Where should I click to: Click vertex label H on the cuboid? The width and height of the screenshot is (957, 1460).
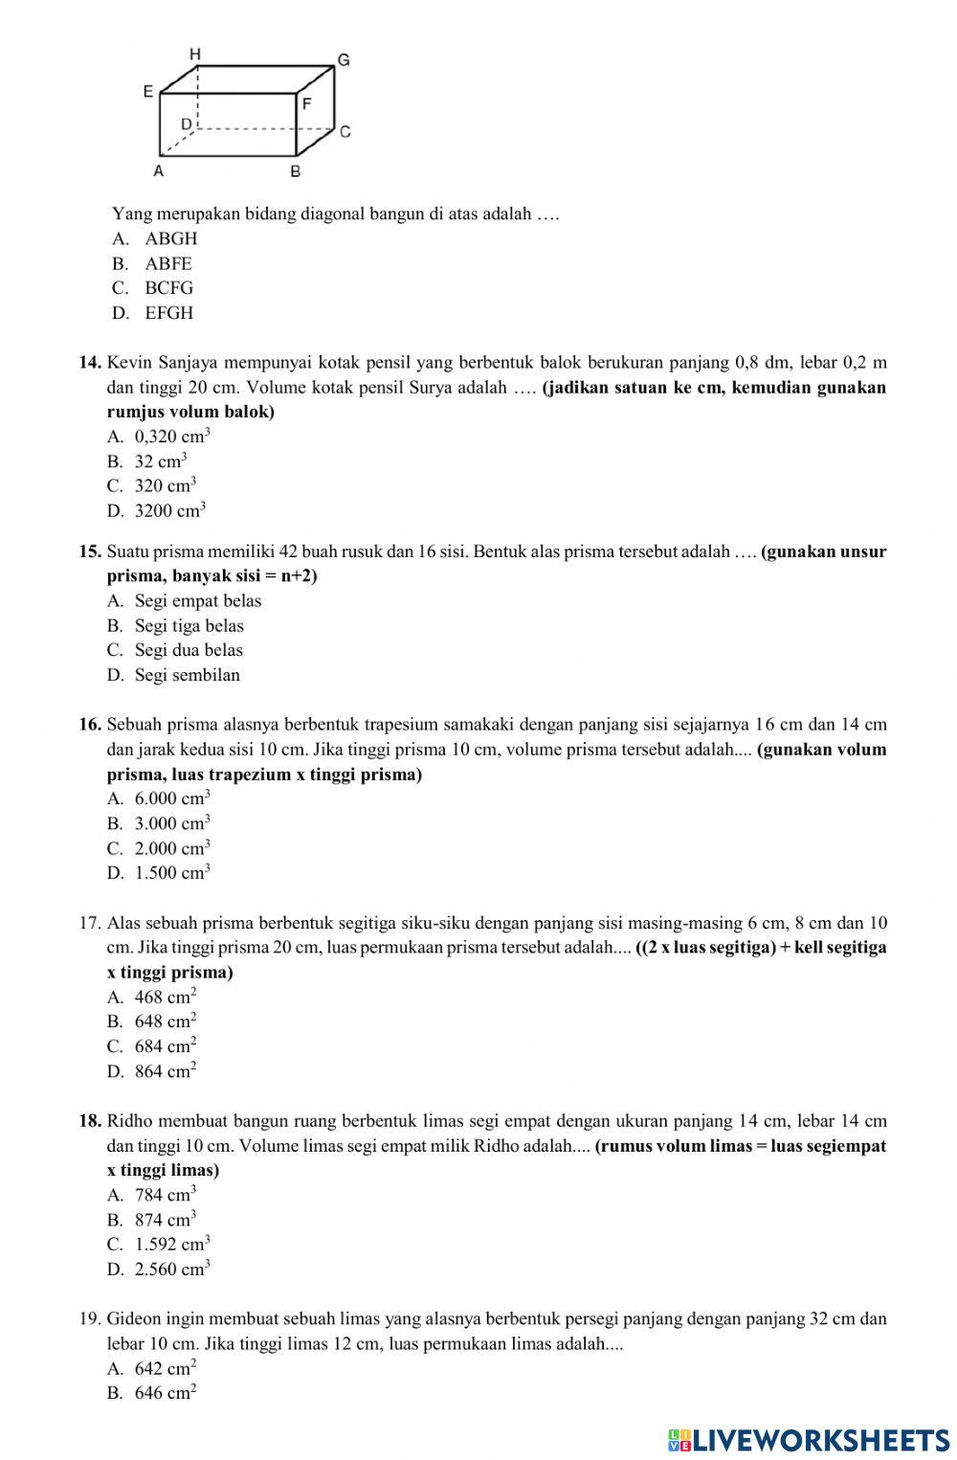point(195,55)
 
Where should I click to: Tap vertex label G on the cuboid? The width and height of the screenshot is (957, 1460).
point(344,60)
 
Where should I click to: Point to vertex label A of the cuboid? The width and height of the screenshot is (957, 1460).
point(159,171)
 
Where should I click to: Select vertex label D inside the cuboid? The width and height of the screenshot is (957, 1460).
point(187,124)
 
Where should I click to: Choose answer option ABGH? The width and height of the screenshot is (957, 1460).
point(170,239)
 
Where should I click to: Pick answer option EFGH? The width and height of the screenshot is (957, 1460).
point(168,313)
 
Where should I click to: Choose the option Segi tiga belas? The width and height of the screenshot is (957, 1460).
point(189,626)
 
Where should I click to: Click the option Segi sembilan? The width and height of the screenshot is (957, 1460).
point(187,675)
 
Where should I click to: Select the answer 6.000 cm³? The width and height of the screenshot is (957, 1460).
point(171,798)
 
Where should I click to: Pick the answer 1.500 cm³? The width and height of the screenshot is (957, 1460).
point(171,873)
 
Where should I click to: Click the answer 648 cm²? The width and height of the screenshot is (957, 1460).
point(165,1022)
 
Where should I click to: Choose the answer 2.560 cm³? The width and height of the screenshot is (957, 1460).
point(171,1270)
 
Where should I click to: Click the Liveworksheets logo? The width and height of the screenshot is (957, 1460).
point(809,1440)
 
